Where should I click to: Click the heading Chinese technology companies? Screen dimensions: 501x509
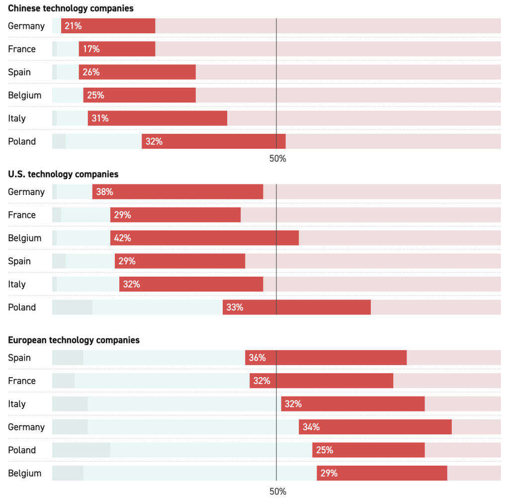tap(71, 8)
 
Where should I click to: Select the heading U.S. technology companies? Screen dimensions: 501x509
tap(63, 174)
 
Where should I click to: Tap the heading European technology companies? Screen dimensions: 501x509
tap(74, 340)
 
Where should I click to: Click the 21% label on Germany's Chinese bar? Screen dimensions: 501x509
tap(73, 26)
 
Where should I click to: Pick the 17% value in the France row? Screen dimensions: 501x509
tap(91, 49)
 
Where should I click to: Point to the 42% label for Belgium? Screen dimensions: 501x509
tap(122, 238)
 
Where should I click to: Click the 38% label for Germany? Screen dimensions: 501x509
tap(104, 192)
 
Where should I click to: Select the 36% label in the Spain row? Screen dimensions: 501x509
tap(257, 358)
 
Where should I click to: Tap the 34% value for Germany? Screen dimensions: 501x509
tap(311, 427)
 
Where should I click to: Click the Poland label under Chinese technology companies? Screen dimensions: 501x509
tap(22, 142)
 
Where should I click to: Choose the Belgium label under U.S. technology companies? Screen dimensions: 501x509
tap(24, 238)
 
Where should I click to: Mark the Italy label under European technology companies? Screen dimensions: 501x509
tap(16, 404)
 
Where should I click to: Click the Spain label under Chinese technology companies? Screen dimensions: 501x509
tap(19, 72)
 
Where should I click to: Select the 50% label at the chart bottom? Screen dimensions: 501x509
tap(278, 492)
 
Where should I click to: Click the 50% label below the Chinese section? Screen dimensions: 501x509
tap(278, 159)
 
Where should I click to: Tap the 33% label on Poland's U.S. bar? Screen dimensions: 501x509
tap(235, 307)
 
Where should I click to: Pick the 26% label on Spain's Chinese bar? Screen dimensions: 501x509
tap(91, 72)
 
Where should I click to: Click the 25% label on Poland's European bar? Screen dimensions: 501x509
tap(324, 450)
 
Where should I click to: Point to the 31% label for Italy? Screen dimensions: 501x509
tap(100, 118)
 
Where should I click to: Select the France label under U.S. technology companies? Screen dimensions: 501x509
tap(22, 215)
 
